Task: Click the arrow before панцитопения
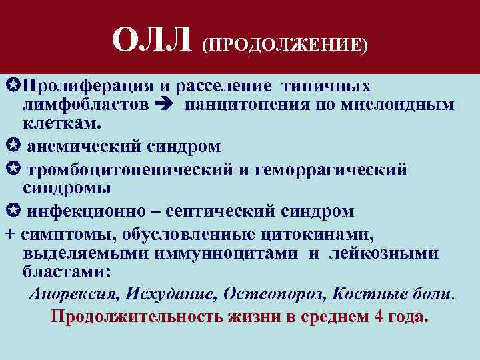163,105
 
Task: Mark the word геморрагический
331,170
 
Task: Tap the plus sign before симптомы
9,235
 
